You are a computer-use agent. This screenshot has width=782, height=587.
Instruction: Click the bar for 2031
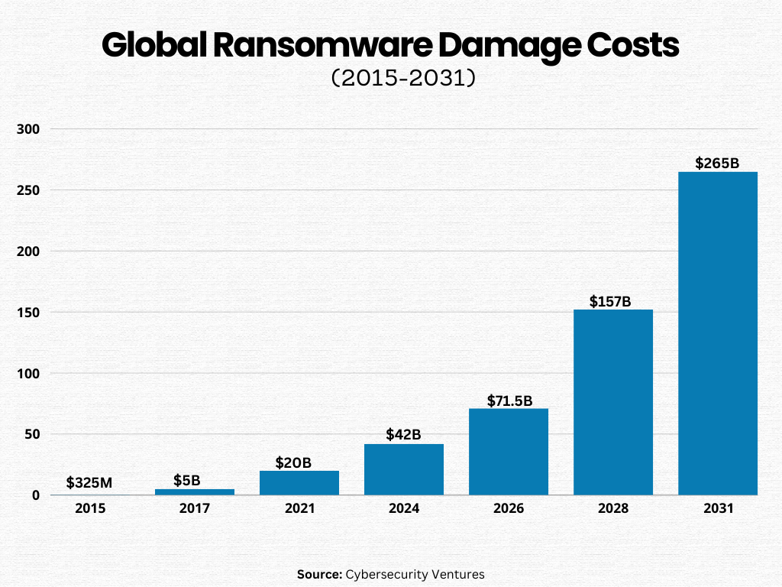(x=718, y=333)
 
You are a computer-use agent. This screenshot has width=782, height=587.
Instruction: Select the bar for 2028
(x=613, y=402)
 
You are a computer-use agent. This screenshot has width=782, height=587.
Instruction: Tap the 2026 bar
(x=509, y=452)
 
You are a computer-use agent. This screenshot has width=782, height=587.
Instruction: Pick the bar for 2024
(x=404, y=469)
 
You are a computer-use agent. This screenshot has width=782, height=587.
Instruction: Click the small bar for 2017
(x=195, y=491)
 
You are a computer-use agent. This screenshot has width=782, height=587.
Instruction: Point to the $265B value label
(x=718, y=163)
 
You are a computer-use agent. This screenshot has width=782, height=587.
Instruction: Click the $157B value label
(x=610, y=301)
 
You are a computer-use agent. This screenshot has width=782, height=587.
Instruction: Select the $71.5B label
(x=509, y=401)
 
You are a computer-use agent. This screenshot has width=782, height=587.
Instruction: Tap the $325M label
(x=89, y=482)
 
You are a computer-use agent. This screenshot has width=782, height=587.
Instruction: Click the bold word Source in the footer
(x=319, y=574)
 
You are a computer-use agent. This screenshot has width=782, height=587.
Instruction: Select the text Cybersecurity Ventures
(x=415, y=574)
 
